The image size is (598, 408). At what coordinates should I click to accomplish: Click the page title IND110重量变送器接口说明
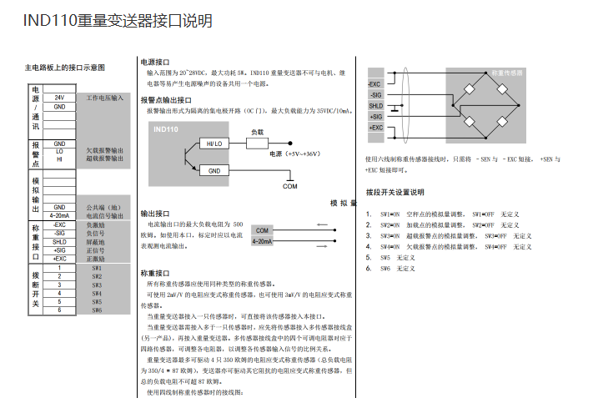118,21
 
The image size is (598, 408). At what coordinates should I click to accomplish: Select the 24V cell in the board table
59,98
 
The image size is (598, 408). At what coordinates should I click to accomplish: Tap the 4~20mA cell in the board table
59,215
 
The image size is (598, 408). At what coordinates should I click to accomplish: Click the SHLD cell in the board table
59,242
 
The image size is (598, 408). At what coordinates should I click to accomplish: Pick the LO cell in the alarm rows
59,151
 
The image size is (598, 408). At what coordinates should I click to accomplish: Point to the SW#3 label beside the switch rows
97,285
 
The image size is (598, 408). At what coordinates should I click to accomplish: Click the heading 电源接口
155,63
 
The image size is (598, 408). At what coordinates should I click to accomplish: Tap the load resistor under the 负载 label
257,144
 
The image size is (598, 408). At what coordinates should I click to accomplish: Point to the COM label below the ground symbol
289,186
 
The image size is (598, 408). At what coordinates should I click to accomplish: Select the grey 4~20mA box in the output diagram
263,241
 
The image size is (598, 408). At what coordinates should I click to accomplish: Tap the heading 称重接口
155,273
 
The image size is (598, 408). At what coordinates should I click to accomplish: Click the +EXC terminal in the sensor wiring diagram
375,128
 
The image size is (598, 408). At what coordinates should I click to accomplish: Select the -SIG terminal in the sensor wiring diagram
375,95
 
